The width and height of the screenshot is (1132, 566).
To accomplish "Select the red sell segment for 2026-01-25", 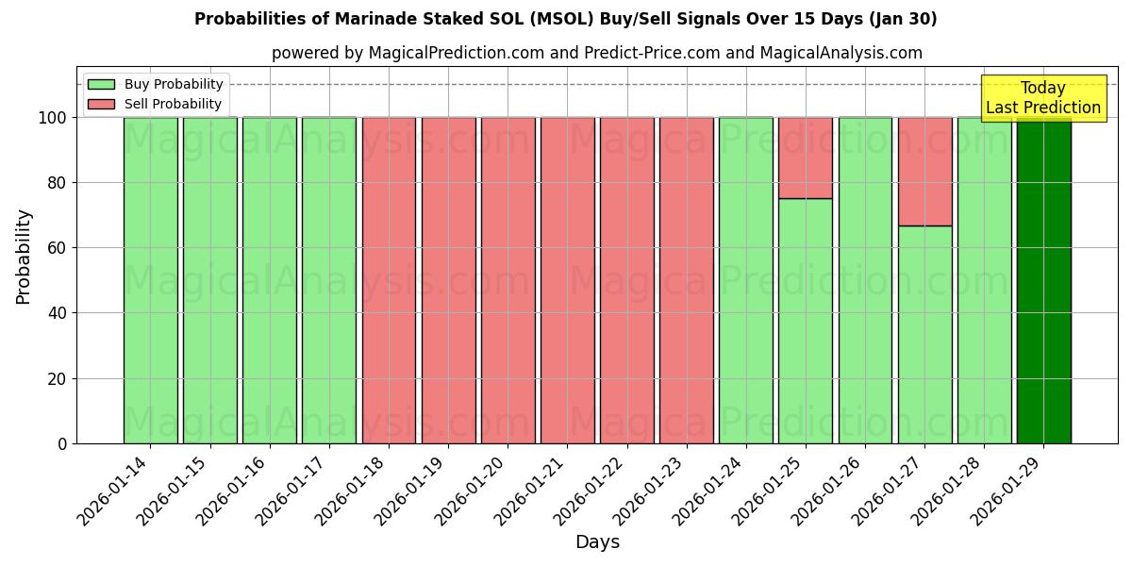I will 806,158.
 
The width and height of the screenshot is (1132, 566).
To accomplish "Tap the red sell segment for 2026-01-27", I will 924,171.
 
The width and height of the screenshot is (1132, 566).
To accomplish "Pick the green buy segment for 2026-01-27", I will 924,335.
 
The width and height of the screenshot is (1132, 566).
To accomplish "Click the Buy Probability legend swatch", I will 101,84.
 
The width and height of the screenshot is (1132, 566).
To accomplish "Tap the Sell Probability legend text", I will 173,104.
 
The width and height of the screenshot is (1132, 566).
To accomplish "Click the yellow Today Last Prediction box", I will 1043,98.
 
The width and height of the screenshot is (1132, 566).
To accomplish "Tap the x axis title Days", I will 597,542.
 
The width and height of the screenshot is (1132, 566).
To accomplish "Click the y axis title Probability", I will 24,256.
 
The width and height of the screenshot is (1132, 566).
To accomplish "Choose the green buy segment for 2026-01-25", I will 806,321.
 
